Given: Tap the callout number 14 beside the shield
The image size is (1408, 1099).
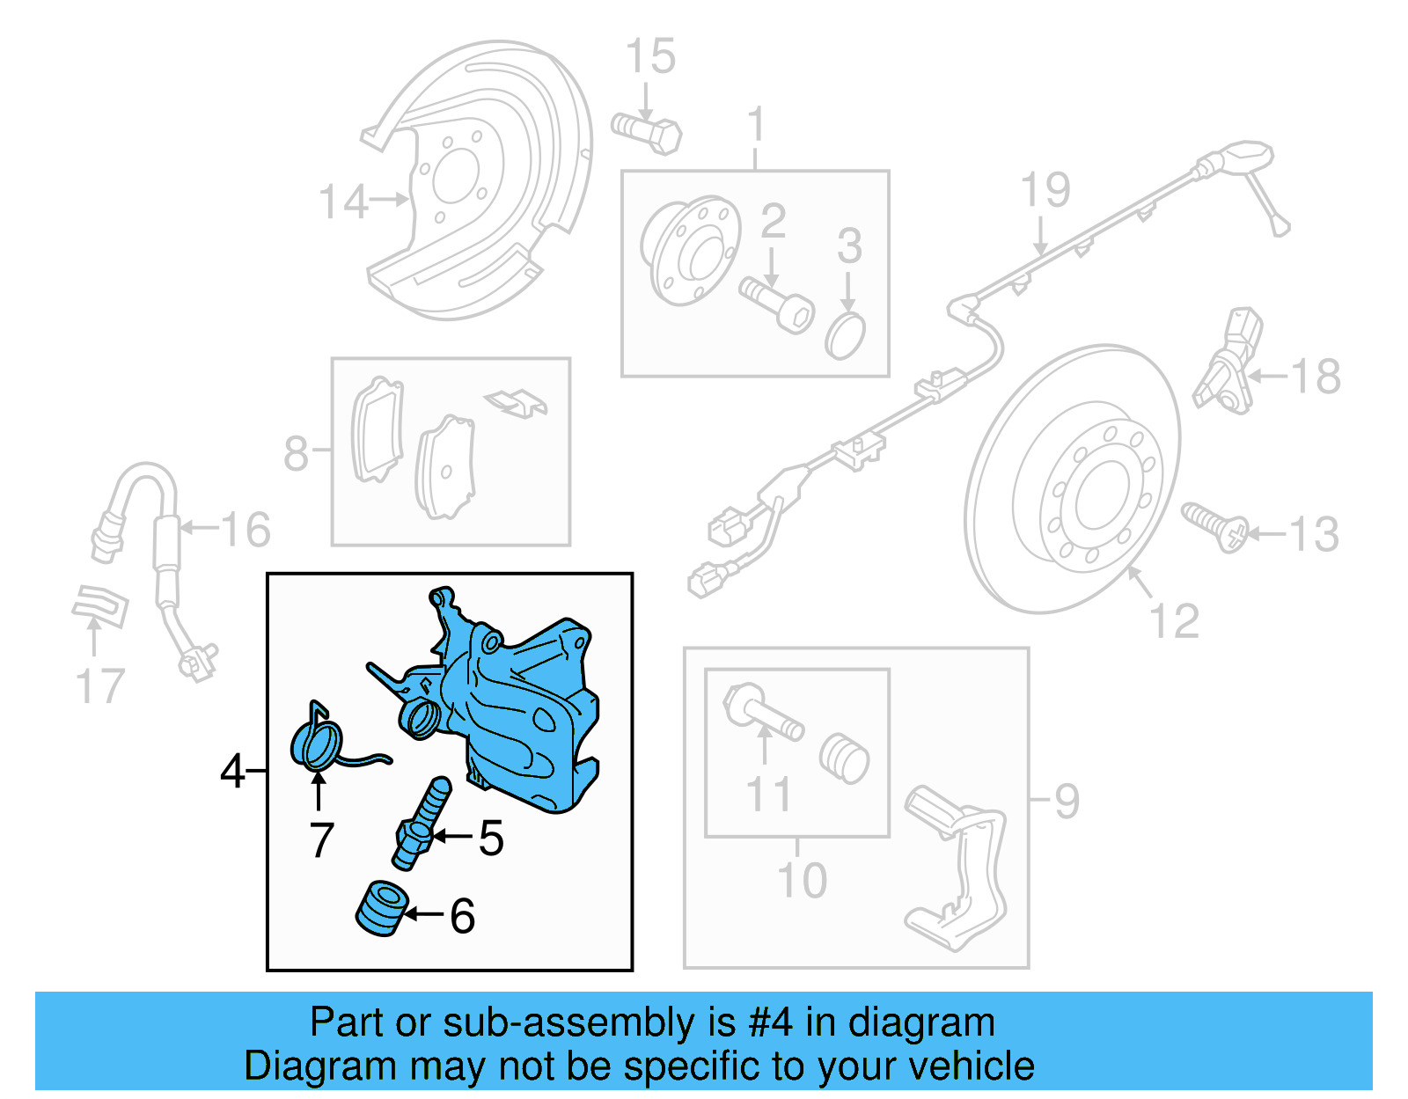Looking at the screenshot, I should click(x=341, y=202).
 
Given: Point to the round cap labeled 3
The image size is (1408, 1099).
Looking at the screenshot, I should click(x=846, y=335).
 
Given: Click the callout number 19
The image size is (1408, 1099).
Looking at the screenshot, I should click(x=1045, y=190).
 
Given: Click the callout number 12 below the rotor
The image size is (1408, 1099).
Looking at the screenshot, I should click(x=1174, y=621).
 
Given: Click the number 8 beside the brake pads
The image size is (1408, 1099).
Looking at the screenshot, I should click(x=296, y=454).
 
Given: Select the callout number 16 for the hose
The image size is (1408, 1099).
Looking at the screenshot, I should click(x=246, y=530).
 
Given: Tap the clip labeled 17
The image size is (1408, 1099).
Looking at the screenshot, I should click(x=99, y=606).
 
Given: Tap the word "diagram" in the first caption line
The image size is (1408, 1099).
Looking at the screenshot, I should click(x=921, y=1023).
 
